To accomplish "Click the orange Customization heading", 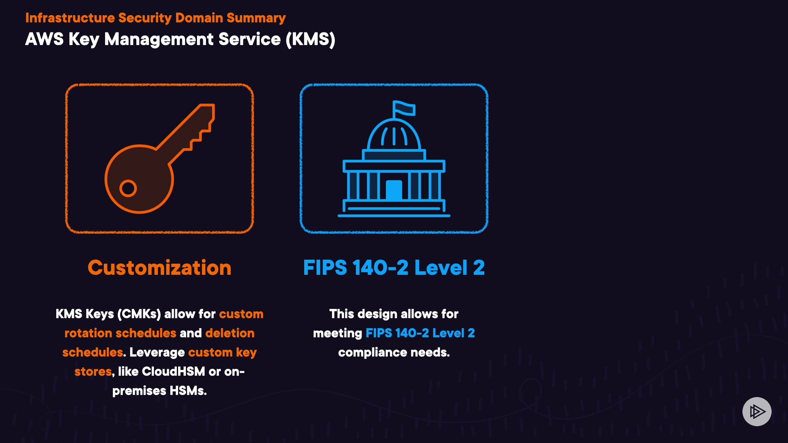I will (159, 268).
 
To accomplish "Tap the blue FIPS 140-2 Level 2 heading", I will (394, 268).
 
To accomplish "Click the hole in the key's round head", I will (128, 189).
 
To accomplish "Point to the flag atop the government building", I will (404, 108).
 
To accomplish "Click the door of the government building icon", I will (394, 190).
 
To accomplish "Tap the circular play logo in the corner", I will (757, 411).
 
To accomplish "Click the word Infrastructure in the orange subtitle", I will (70, 18).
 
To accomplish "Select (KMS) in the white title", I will (310, 39).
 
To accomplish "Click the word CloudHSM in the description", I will (173, 372).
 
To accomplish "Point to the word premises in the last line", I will (140, 391).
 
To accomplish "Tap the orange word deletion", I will (230, 333).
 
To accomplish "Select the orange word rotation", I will (88, 333).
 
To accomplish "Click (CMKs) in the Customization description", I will (139, 314).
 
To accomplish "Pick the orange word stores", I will (93, 372).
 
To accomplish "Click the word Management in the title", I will (159, 39).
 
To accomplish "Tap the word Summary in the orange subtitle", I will (256, 18).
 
